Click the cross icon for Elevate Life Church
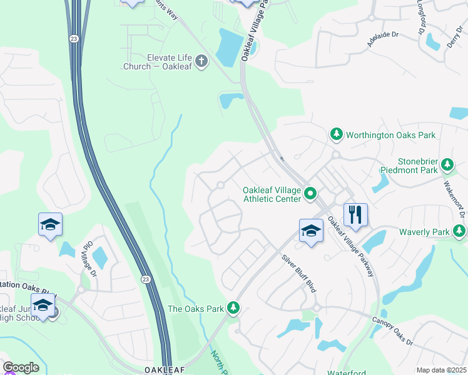coord(201,61)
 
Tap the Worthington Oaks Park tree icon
coord(337,134)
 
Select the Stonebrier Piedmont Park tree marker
coord(447,164)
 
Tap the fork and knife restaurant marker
coord(355,215)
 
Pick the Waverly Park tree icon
coord(459,232)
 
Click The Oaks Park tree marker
coord(233,308)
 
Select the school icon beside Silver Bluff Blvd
coord(311,231)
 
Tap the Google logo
coord(21,367)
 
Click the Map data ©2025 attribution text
coord(440,370)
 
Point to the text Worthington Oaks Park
coord(390,134)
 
